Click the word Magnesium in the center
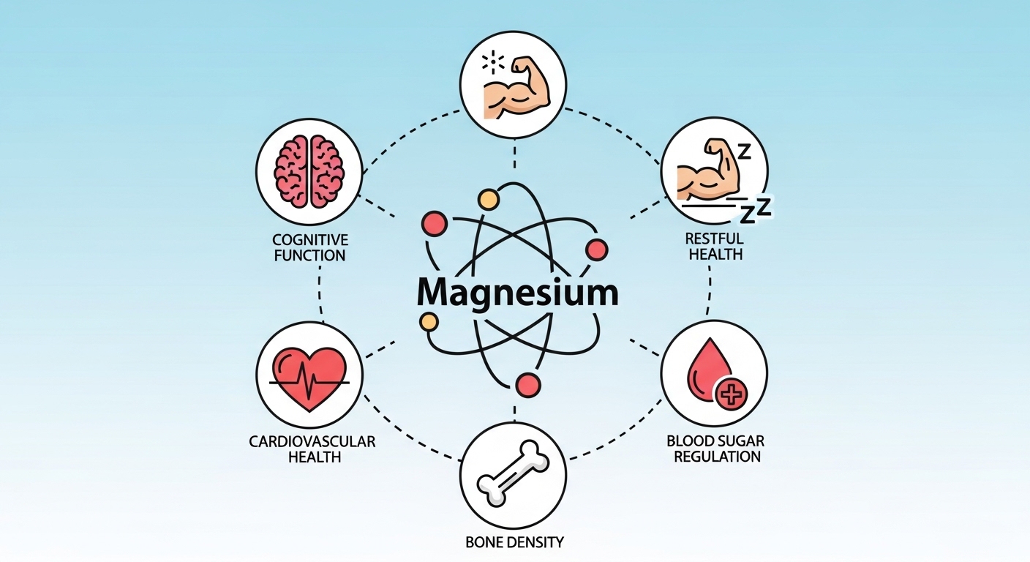click(x=517, y=292)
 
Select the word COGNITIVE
click(x=309, y=240)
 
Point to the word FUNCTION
click(x=309, y=256)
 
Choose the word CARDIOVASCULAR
click(x=312, y=441)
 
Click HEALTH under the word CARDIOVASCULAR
click(x=312, y=457)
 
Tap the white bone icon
click(x=514, y=474)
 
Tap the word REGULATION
click(x=713, y=457)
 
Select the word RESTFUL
click(x=714, y=239)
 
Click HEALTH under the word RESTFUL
click(x=714, y=255)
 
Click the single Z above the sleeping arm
click(x=744, y=151)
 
